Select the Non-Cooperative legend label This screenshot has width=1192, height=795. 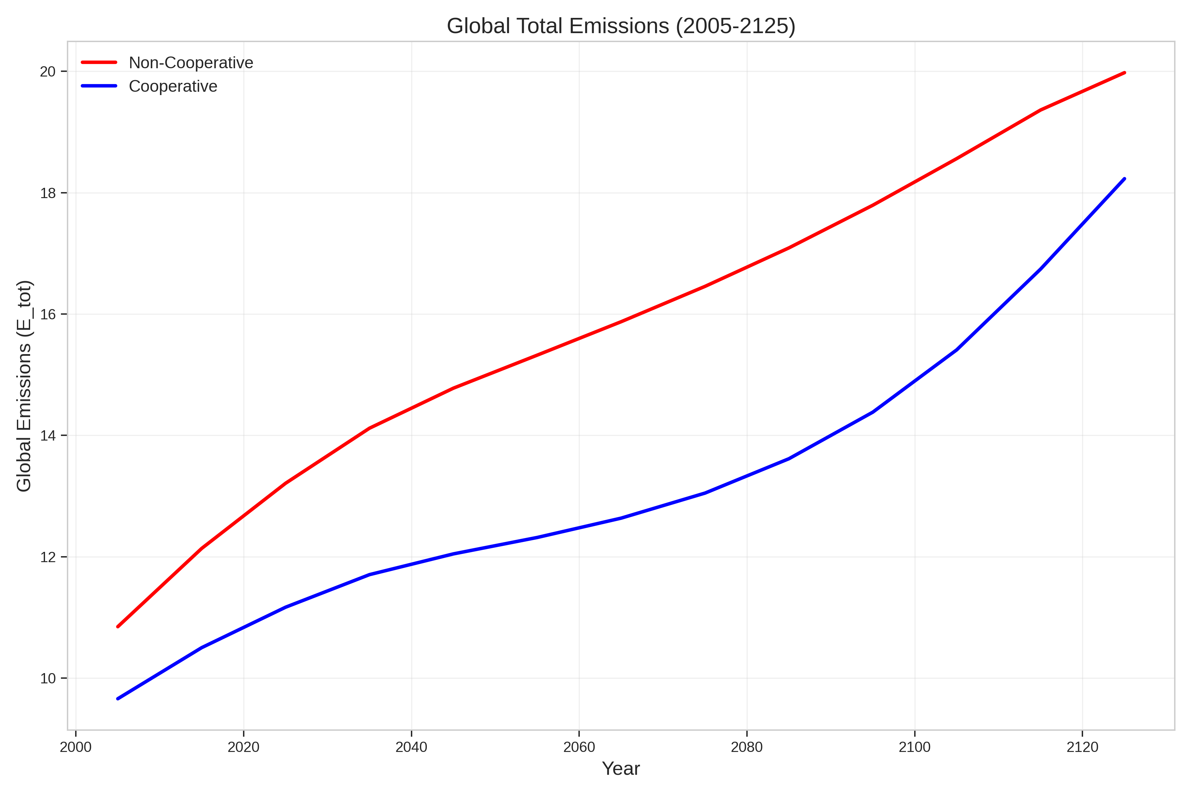click(x=191, y=63)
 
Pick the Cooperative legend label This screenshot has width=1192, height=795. click(x=173, y=87)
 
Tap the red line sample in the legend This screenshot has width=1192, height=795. click(x=99, y=62)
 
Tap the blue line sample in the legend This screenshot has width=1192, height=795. click(x=99, y=86)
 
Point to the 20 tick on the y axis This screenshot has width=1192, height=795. click(x=48, y=72)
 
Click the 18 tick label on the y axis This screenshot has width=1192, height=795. click(x=48, y=193)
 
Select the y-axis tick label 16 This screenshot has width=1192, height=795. click(x=48, y=314)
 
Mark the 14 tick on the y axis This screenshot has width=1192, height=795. click(x=48, y=436)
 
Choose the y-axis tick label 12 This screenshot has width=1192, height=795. click(x=48, y=557)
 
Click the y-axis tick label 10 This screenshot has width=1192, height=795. click(x=48, y=678)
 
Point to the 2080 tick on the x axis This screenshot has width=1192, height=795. click(x=747, y=747)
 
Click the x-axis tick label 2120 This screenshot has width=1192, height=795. click(x=1082, y=747)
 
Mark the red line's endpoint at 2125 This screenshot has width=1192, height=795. click(x=1124, y=73)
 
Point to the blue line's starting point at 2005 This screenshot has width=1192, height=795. click(x=118, y=699)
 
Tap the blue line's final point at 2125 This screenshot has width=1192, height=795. click(x=1124, y=179)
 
